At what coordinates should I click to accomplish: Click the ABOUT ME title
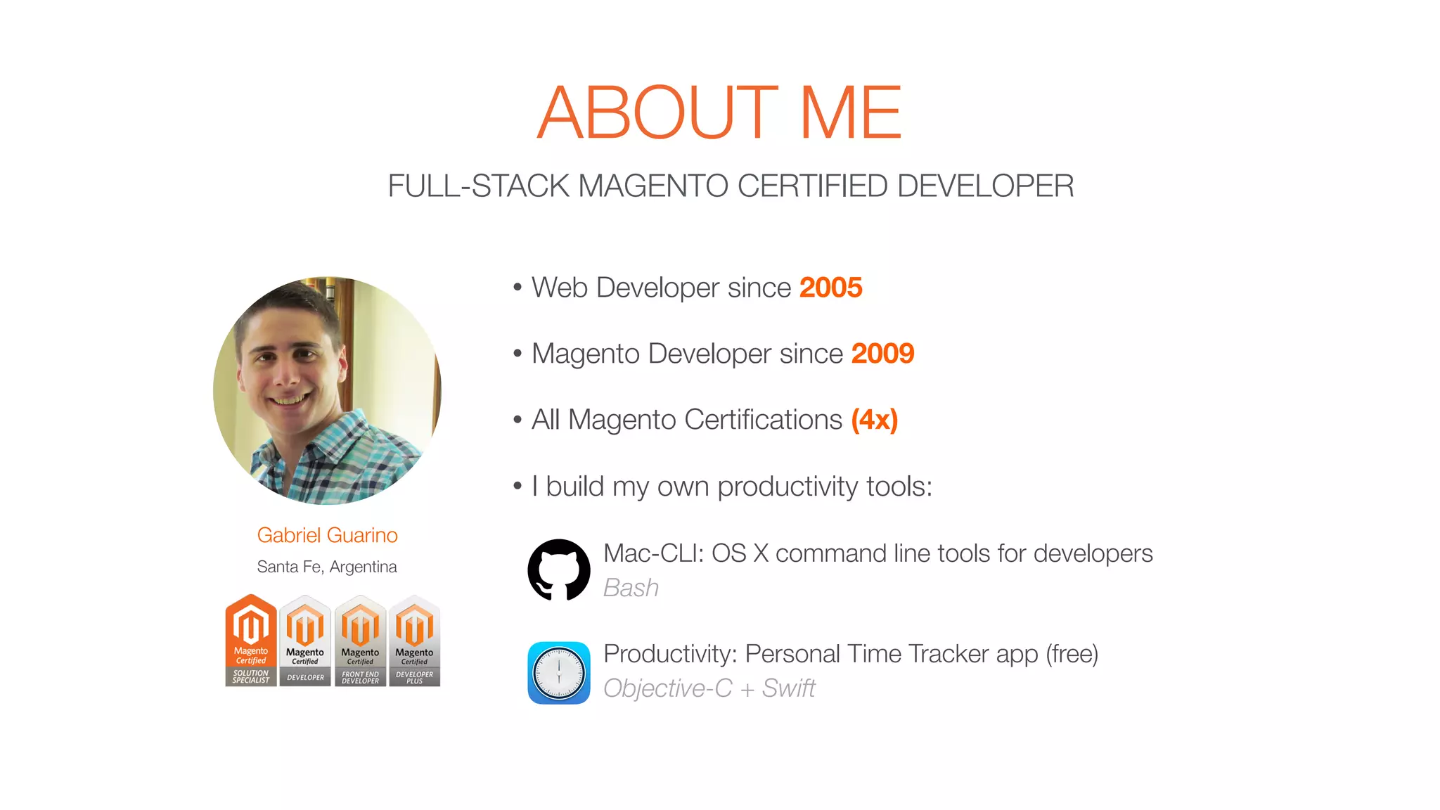click(x=719, y=112)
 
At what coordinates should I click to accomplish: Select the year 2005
click(x=830, y=288)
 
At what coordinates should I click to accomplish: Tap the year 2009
click(x=882, y=354)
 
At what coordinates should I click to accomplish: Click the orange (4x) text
click(x=874, y=420)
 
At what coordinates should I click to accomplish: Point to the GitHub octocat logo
click(x=559, y=570)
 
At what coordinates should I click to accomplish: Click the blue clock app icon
click(x=559, y=672)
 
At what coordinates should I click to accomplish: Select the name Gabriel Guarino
click(x=327, y=535)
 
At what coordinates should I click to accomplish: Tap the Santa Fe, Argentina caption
click(x=327, y=567)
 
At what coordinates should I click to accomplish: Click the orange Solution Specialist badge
click(x=251, y=640)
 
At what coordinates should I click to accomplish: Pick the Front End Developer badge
click(x=360, y=641)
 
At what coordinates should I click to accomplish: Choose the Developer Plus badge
click(x=415, y=641)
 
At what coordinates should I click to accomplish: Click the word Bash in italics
click(x=631, y=588)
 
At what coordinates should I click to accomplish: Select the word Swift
click(x=788, y=688)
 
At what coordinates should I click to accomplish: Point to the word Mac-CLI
click(x=653, y=553)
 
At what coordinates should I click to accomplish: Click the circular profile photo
click(x=327, y=390)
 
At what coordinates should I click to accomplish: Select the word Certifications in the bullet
click(x=763, y=420)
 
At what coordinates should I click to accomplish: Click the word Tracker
click(x=940, y=654)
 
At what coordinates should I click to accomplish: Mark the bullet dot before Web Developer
click(x=517, y=287)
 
